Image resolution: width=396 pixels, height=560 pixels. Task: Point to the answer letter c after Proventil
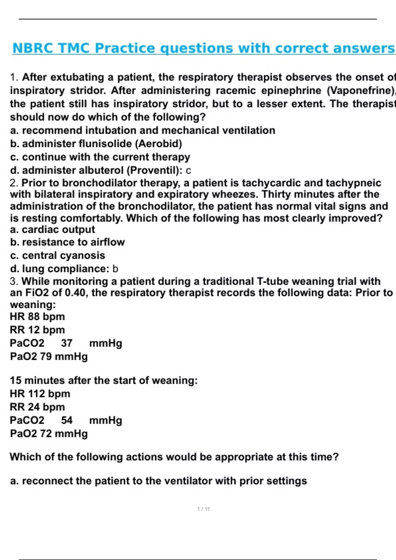[188, 171]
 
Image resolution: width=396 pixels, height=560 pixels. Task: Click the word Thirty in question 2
[277, 194]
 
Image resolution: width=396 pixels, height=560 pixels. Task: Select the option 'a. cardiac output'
[52, 230]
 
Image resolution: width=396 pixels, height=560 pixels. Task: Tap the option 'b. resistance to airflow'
[67, 242]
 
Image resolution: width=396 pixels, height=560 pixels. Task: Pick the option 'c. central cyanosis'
[57, 255]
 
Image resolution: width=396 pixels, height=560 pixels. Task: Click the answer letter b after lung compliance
[115, 269]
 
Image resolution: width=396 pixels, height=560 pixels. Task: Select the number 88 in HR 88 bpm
[34, 317]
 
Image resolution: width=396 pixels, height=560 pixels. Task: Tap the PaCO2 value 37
[67, 343]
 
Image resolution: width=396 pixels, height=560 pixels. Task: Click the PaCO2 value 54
[67, 420]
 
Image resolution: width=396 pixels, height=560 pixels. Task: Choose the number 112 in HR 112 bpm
[37, 394]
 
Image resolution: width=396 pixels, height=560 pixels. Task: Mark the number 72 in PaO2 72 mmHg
[46, 434]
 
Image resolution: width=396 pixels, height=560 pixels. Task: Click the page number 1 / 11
[203, 509]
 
